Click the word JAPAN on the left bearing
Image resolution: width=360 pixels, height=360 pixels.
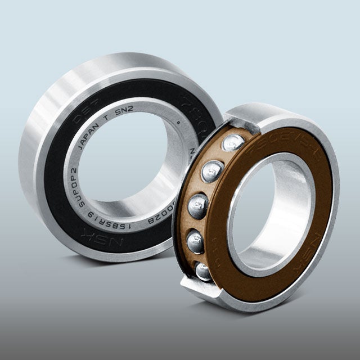click(x=91, y=138)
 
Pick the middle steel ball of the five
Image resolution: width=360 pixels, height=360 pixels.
click(x=198, y=206)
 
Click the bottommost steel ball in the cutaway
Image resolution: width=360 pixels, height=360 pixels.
click(x=202, y=272)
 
